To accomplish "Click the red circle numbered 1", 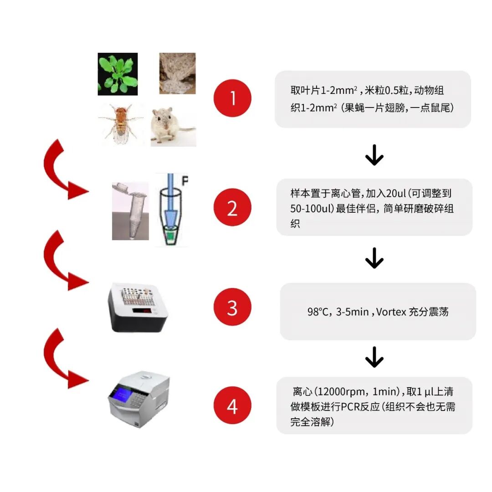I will (x=233, y=98).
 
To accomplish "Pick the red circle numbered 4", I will (x=233, y=406).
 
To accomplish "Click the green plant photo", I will (x=118, y=74).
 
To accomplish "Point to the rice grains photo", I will (x=177, y=73).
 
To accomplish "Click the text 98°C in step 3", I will (x=318, y=312).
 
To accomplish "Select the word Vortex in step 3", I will (x=389, y=312).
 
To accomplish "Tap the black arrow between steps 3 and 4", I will (x=374, y=358).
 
